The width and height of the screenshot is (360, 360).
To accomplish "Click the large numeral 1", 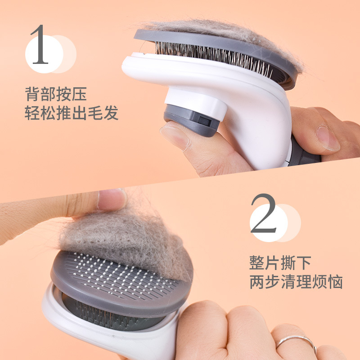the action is pyautogui.click(x=40, y=44).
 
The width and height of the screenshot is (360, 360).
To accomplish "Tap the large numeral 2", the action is pyautogui.click(x=264, y=213).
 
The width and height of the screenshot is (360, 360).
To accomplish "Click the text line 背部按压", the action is pyautogui.click(x=56, y=94).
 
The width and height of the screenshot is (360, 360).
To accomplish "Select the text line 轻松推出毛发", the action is pyautogui.click(x=72, y=113).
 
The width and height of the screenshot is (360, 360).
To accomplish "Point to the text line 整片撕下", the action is pyautogui.click(x=280, y=263).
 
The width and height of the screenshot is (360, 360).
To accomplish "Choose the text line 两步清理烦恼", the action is pyautogui.click(x=296, y=282).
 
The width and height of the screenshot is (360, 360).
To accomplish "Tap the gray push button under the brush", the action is pyautogui.click(x=192, y=121).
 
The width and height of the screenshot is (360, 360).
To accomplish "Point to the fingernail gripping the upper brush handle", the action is pyautogui.click(x=328, y=138).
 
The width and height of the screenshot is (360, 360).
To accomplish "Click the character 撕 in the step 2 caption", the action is pyautogui.click(x=288, y=263).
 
